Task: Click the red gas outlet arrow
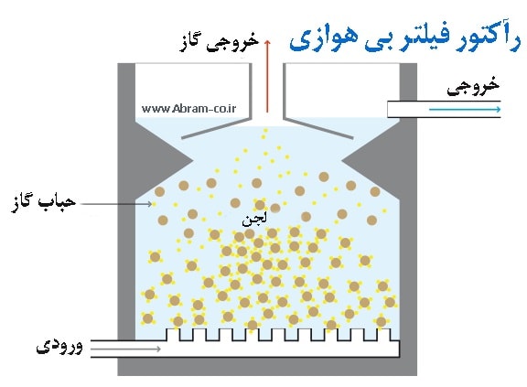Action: coord(267,76)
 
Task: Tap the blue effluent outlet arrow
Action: coord(465,109)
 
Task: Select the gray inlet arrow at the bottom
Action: coord(125,349)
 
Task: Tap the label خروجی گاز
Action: coord(220,42)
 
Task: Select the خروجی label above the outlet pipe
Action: coord(473,86)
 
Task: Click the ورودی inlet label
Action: coord(59,346)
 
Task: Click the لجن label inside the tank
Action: coord(254,220)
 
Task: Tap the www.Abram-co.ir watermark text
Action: coord(188,109)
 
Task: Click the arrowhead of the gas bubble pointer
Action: coord(150,204)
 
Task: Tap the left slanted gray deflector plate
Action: coord(217,128)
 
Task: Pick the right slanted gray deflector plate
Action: coord(318,128)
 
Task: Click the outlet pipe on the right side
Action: coord(444,109)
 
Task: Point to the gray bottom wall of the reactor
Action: coord(267,367)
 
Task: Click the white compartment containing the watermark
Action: coord(193,91)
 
